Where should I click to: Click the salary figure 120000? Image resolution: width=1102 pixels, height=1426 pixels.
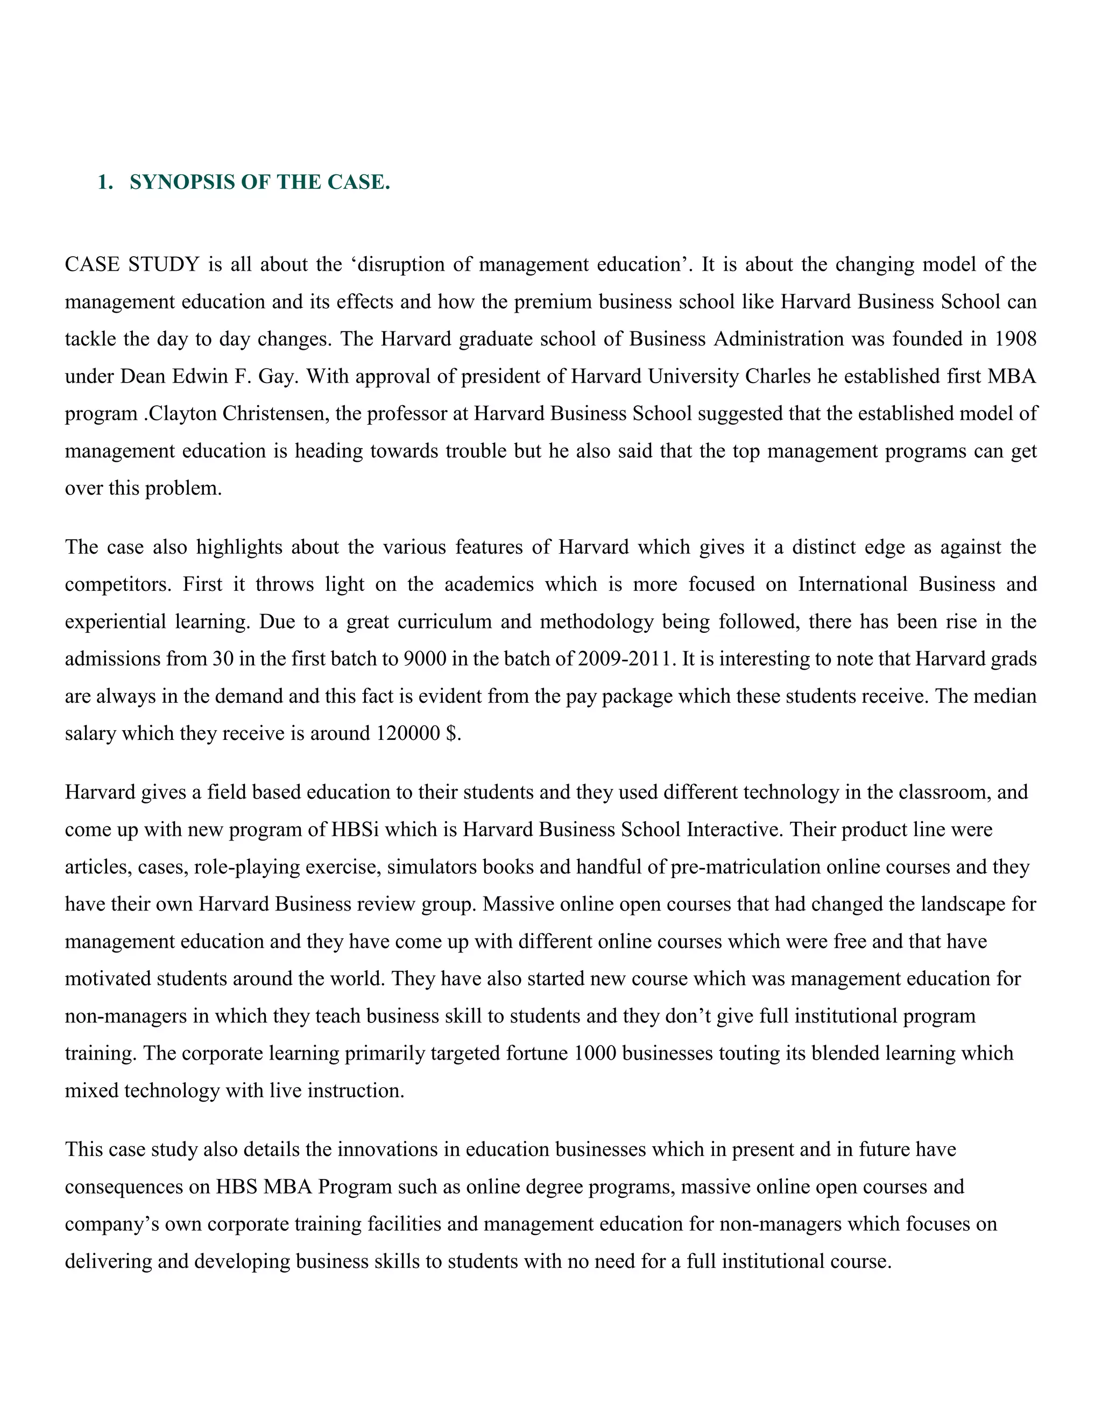click(x=408, y=733)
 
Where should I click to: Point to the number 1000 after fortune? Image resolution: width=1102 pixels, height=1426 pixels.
click(x=595, y=1054)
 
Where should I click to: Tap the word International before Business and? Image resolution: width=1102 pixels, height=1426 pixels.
click(x=853, y=584)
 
